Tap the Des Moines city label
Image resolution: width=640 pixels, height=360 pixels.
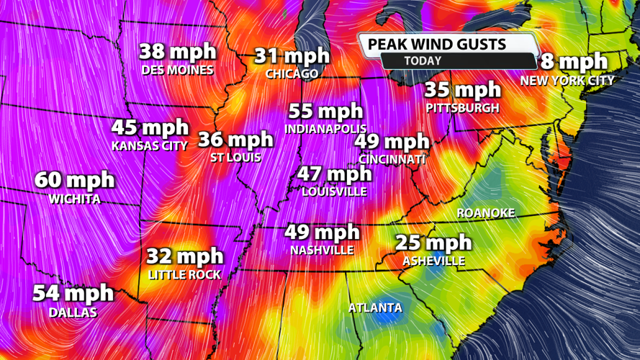178,71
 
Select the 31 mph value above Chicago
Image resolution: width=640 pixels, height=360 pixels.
292,56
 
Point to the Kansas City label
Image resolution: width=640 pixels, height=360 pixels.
150,146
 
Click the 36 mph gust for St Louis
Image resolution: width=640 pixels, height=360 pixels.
236,138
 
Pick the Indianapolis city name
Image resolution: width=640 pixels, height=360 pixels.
325,130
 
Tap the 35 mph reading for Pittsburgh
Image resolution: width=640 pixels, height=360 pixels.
462,91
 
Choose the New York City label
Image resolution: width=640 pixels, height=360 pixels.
567,81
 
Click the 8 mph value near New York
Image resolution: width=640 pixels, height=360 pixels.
574,63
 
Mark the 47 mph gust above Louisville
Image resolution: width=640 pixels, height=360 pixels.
334,174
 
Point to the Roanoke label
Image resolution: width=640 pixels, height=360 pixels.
487,213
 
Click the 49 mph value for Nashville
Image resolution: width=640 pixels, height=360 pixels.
322,233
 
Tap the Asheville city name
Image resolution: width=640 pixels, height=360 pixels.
434,261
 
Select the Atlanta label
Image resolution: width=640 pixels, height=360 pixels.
375,308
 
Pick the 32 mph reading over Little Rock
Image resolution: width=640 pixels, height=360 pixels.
185,257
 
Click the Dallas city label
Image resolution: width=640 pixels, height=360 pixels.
73,313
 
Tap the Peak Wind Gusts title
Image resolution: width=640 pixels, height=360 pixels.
437,44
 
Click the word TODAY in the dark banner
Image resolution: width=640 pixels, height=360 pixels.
423,61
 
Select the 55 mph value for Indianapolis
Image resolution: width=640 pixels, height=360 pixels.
325,112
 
